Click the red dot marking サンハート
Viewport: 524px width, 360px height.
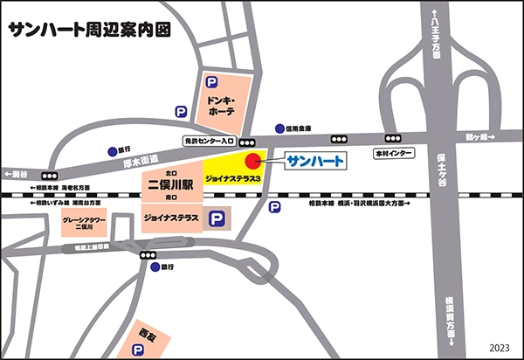(253, 160)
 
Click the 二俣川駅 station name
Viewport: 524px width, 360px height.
(171, 184)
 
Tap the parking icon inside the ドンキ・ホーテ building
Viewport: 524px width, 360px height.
(210, 81)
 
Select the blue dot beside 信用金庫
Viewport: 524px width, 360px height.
(279, 127)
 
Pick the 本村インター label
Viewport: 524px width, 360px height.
(392, 154)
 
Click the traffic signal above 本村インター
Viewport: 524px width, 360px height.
(392, 138)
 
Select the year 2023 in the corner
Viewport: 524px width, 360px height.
(500, 346)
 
